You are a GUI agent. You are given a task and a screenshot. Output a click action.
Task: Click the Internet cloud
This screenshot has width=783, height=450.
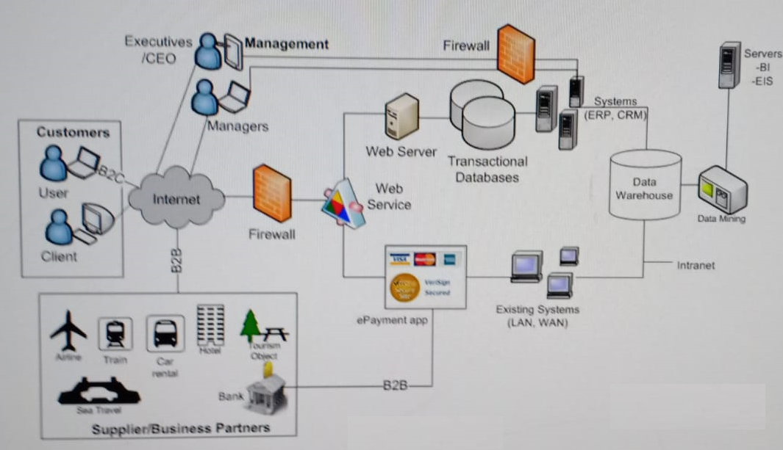point(176,198)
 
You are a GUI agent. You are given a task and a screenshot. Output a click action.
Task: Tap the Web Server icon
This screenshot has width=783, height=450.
point(401,116)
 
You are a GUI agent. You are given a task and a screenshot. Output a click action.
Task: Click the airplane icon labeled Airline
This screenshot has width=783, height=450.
point(68,330)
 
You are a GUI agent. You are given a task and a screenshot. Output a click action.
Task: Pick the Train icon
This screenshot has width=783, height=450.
point(115,335)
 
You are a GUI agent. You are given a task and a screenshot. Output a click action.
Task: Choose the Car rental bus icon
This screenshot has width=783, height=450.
point(165,335)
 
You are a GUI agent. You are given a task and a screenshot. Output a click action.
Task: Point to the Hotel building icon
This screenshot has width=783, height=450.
point(211,324)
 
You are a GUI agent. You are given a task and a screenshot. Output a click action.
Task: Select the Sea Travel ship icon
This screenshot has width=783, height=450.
point(99,391)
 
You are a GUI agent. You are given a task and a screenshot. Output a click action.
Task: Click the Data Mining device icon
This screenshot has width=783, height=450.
point(722,189)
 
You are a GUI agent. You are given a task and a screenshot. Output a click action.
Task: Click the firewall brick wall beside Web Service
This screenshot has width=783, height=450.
point(272,195)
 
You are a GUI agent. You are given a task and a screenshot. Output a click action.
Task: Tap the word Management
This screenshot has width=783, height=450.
point(286,44)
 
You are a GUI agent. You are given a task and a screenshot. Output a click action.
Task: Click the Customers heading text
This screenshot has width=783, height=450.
point(73,132)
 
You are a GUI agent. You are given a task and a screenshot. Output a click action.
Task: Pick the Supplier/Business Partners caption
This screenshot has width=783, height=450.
point(181,427)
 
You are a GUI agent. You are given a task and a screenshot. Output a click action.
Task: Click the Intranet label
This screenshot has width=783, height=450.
point(696,265)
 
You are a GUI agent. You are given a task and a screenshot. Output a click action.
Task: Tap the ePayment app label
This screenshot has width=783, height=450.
point(392,320)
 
